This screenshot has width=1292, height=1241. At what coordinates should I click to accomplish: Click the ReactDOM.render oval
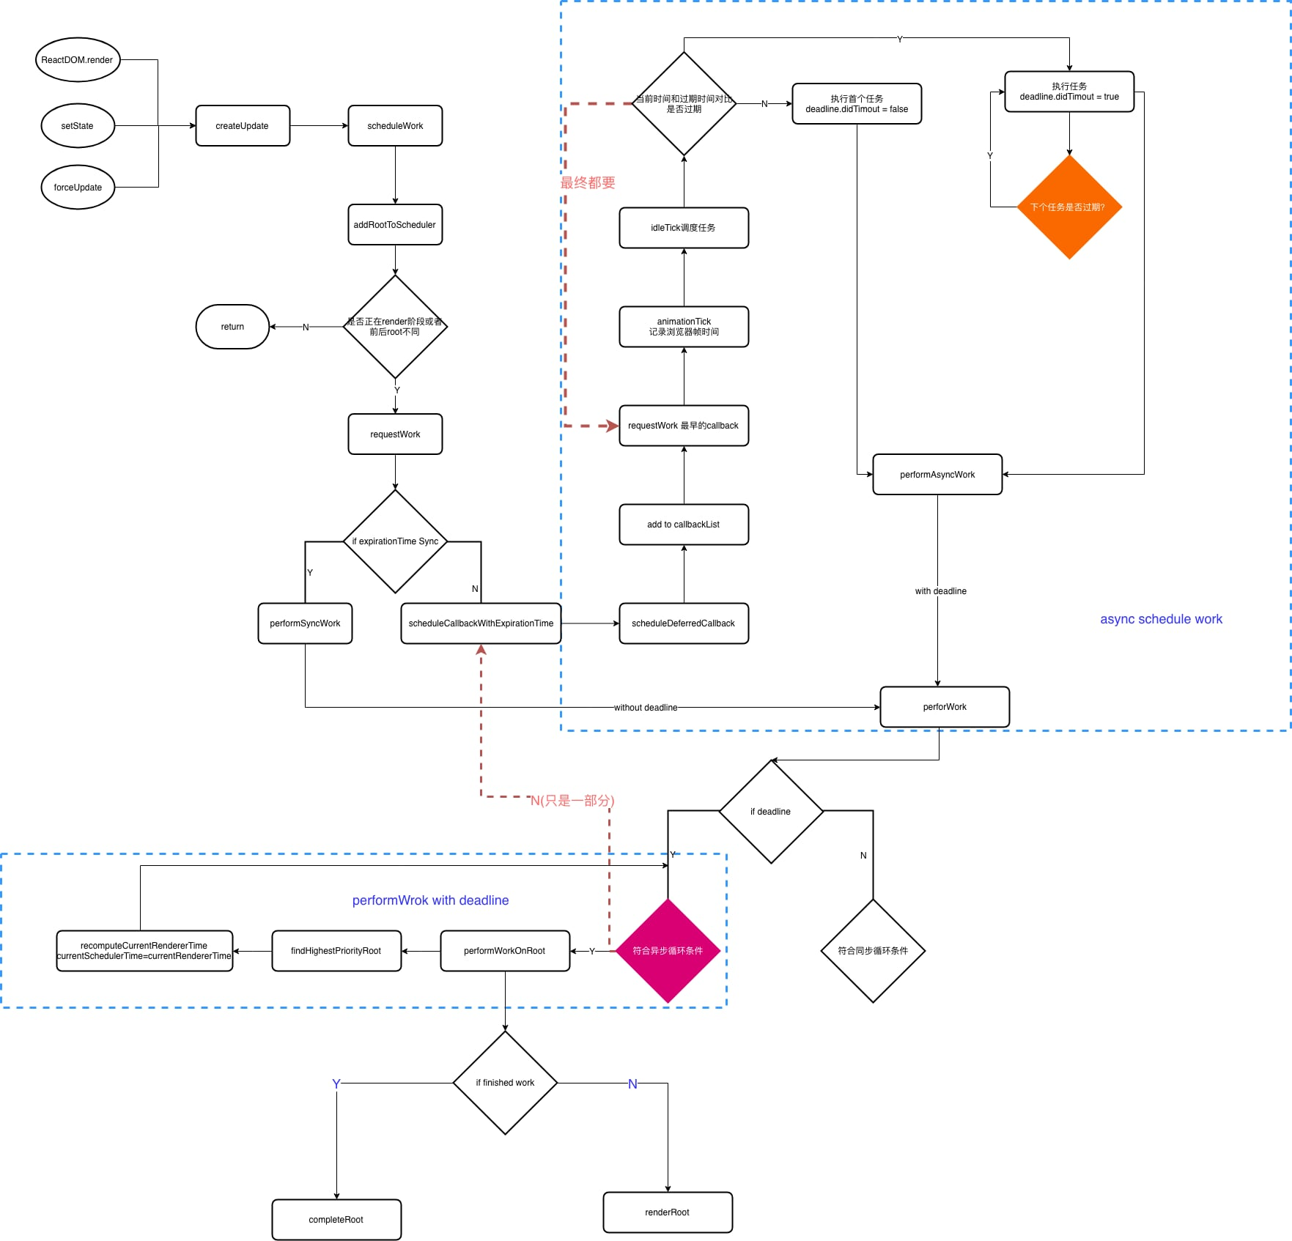pyautogui.click(x=77, y=60)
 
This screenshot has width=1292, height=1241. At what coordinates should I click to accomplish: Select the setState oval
pyautogui.click(x=77, y=126)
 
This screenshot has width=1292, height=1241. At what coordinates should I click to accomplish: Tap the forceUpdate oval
pyautogui.click(x=77, y=188)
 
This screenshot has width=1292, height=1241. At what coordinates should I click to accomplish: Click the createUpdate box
pyautogui.click(x=243, y=126)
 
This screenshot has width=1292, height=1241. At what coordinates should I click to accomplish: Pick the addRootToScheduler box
pyautogui.click(x=395, y=225)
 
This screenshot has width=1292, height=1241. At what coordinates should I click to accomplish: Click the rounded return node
pyautogui.click(x=232, y=327)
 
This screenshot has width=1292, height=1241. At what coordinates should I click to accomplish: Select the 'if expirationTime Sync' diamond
pyautogui.click(x=395, y=541)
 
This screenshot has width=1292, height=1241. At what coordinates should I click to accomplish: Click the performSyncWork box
pyautogui.click(x=305, y=623)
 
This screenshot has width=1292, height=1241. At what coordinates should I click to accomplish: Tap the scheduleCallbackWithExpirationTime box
pyautogui.click(x=481, y=623)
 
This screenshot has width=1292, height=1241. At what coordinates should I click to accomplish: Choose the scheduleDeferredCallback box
pyautogui.click(x=683, y=623)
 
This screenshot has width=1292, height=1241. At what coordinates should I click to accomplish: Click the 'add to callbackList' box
pyautogui.click(x=683, y=525)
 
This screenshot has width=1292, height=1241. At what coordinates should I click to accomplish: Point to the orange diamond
pyautogui.click(x=1069, y=207)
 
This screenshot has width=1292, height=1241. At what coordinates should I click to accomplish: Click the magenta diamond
pyautogui.click(x=668, y=951)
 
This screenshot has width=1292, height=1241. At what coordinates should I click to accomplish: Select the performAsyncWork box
pyautogui.click(x=937, y=475)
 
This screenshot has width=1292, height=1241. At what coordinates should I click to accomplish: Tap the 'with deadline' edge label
pyautogui.click(x=940, y=591)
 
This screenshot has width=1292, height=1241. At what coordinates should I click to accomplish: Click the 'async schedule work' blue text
pyautogui.click(x=1161, y=619)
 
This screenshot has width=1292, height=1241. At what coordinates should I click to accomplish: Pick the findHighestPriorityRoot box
pyautogui.click(x=336, y=951)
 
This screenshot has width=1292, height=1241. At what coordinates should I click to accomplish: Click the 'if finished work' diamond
pyautogui.click(x=505, y=1083)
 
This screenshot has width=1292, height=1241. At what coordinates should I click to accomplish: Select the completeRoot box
pyautogui.click(x=336, y=1220)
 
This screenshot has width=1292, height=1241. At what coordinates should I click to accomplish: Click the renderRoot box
pyautogui.click(x=668, y=1212)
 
